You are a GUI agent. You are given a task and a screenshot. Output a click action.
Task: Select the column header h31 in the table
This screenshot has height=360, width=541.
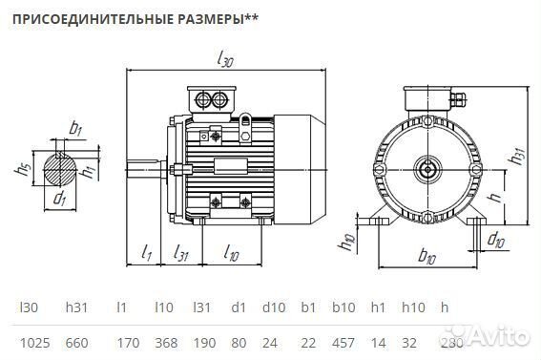point(75,307)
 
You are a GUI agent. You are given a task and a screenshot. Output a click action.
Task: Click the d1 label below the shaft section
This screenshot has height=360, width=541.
point(60,200)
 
